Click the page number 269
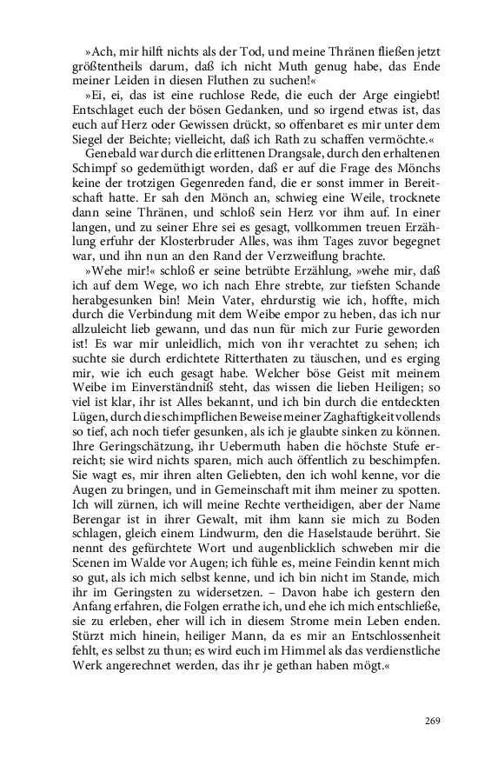tap(433, 719)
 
